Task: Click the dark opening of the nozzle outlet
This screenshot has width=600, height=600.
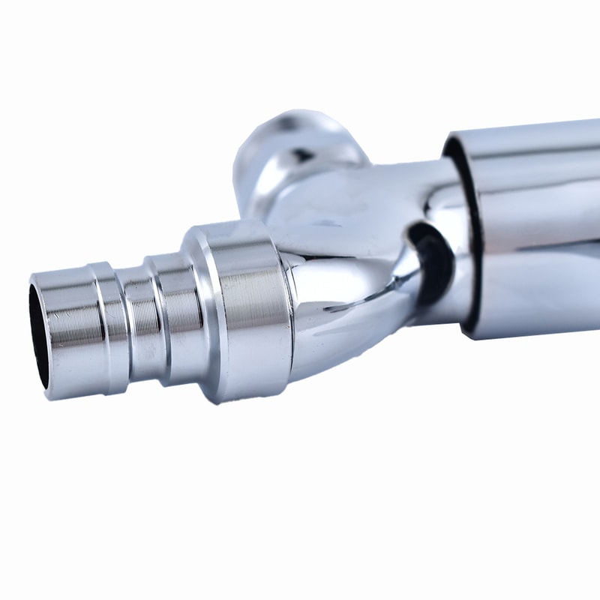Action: [x=39, y=335]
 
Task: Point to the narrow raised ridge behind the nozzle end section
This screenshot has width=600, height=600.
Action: [x=105, y=326]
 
